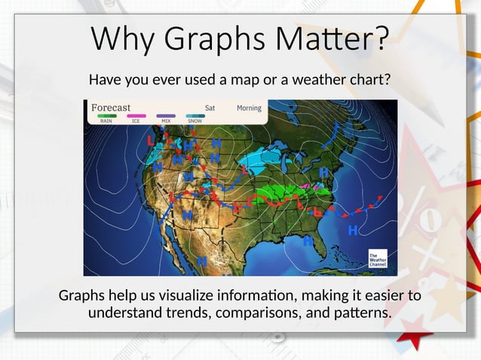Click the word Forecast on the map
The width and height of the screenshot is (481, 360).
[x=111, y=108]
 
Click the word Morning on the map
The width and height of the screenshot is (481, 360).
[x=249, y=108]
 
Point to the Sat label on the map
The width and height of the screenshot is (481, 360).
[x=210, y=108]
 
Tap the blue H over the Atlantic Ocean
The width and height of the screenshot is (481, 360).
[x=352, y=231]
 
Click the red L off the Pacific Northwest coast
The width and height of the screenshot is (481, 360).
[x=151, y=140]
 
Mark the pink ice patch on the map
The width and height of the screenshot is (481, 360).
[x=306, y=185]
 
